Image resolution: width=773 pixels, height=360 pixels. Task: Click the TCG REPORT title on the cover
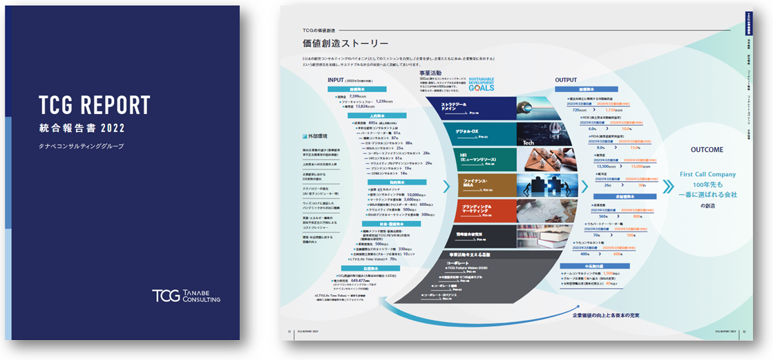tap(94, 105)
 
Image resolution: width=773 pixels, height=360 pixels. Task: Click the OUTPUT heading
tap(566, 80)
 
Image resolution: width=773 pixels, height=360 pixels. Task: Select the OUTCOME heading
tap(707, 150)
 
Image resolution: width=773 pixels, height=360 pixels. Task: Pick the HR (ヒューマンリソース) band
tap(477, 159)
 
